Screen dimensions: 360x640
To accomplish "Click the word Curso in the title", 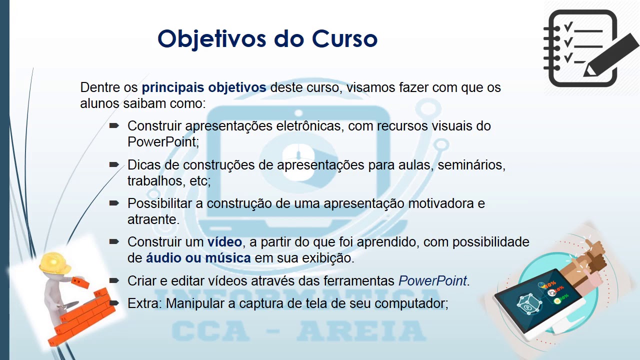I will point(344,38).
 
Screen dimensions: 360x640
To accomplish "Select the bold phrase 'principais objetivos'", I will point(204,88).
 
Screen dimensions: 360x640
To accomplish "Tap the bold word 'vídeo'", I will point(224,242).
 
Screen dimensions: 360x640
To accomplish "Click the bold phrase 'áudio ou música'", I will point(198,258).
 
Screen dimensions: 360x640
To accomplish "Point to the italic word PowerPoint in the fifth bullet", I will point(432,281).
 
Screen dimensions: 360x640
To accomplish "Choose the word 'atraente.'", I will point(153,219).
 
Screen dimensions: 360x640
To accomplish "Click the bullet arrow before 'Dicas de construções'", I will point(114,164).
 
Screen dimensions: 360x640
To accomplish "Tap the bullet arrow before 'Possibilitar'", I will point(114,203).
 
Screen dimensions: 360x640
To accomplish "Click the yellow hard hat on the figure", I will point(55,262).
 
